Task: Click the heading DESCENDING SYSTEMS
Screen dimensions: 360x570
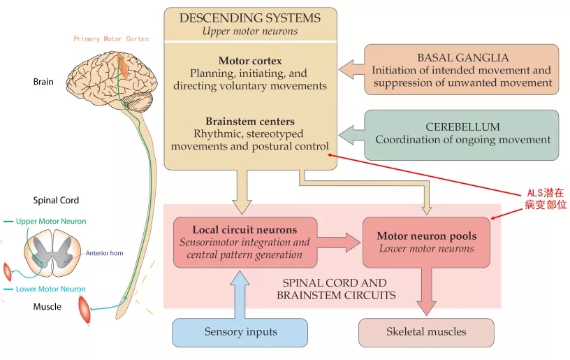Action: (250, 17)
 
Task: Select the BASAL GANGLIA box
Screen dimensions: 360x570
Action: (462, 70)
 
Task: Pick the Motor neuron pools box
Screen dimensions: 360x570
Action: (426, 242)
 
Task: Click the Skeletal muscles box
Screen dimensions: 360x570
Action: (426, 332)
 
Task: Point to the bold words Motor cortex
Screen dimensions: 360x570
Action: (250, 61)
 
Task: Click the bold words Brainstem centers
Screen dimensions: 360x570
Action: (250, 121)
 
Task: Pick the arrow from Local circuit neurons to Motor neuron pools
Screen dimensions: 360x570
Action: (339, 242)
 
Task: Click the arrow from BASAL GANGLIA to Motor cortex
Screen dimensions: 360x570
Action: (351, 69)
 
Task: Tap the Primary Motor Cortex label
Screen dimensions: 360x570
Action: (111, 39)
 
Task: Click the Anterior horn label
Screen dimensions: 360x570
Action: (105, 253)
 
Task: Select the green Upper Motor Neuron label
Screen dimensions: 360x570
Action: (51, 222)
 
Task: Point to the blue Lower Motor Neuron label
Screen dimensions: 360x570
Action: (51, 289)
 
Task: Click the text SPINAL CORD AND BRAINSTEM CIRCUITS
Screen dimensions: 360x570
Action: (334, 289)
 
